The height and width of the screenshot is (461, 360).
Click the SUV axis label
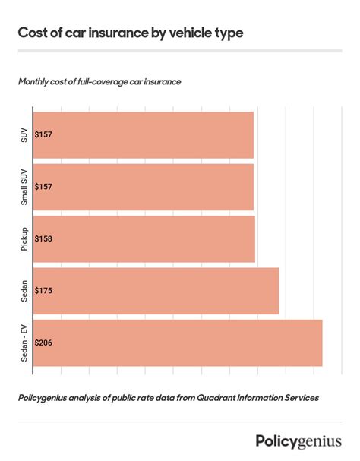pos(24,134)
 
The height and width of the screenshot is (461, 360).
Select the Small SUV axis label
pos(24,187)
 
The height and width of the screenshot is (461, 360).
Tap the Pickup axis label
pos(24,238)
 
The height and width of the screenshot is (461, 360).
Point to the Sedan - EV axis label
pos(24,343)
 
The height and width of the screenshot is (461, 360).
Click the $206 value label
pos(43,343)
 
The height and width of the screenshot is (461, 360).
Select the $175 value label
pos(43,291)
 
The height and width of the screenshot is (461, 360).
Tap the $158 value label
pos(43,238)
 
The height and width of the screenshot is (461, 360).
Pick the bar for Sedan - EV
pos(182,343)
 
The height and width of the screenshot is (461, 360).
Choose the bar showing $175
pos(159,291)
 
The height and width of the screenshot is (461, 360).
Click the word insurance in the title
pos(112,33)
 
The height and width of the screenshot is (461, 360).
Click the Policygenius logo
pos(298,441)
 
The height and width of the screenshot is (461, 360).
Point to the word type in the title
pos(229,34)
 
